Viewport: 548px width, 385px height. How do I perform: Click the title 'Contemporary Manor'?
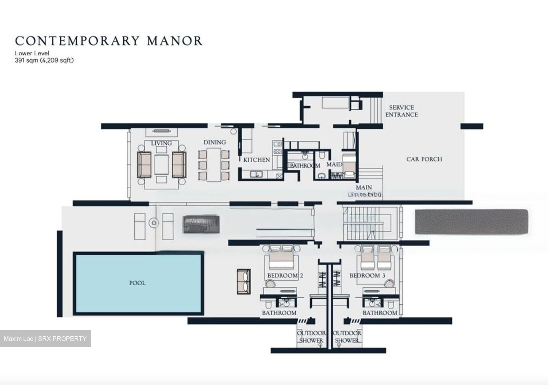pyautogui.click(x=108, y=41)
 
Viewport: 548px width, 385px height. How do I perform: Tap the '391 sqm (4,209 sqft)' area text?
pyautogui.click(x=44, y=60)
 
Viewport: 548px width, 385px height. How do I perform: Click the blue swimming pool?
pyautogui.click(x=137, y=283)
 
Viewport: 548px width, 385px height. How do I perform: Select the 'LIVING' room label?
pyautogui.click(x=161, y=143)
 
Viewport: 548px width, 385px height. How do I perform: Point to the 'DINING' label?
pyautogui.click(x=215, y=142)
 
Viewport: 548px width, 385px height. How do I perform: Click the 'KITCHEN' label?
pyautogui.click(x=256, y=160)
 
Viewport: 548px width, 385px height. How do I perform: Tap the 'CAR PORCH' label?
pyautogui.click(x=424, y=159)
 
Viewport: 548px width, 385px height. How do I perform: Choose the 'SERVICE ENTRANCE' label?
pyautogui.click(x=401, y=111)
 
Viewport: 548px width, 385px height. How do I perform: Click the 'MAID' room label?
pyautogui.click(x=334, y=164)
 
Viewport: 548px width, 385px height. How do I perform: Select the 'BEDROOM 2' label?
pyautogui.click(x=285, y=275)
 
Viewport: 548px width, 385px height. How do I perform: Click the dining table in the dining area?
pyautogui.click(x=214, y=164)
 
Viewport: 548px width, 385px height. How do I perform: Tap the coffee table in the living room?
pyautogui.click(x=161, y=164)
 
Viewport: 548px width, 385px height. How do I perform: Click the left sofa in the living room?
pyautogui.click(x=144, y=164)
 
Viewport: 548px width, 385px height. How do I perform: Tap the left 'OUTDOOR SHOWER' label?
pyautogui.click(x=311, y=337)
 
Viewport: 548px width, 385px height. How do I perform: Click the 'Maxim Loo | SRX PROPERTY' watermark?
pyautogui.click(x=45, y=339)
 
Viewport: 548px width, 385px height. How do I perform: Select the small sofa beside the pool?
pyautogui.click(x=244, y=282)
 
